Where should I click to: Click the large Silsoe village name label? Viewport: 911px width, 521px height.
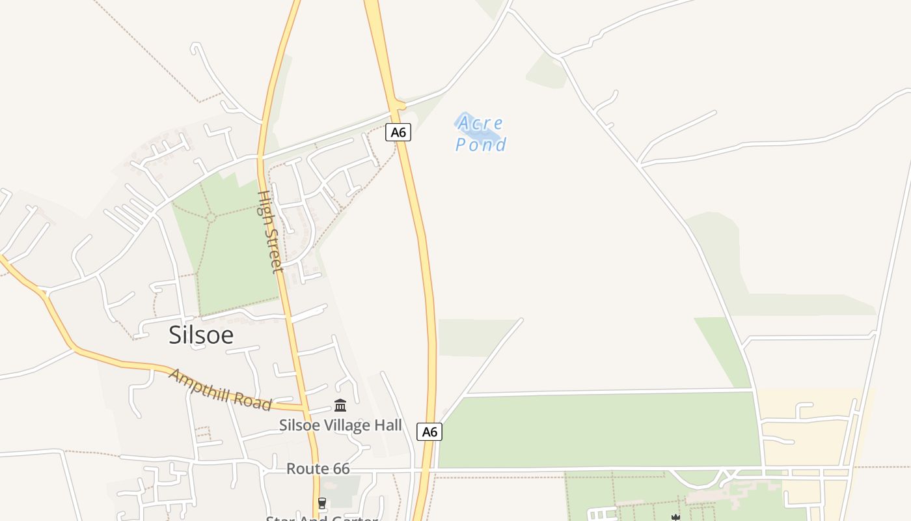point(200,335)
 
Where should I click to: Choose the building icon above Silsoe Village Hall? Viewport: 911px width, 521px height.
point(340,406)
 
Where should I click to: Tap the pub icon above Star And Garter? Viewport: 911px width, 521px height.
point(321,503)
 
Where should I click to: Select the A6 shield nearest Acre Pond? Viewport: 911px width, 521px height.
point(398,132)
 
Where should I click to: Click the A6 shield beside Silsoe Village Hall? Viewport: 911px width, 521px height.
point(429,432)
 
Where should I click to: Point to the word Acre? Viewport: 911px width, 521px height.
point(480,122)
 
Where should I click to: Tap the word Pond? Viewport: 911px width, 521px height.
point(481,145)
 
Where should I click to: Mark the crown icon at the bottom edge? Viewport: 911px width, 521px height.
point(675,517)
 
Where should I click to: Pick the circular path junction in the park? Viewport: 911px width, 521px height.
point(211,217)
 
